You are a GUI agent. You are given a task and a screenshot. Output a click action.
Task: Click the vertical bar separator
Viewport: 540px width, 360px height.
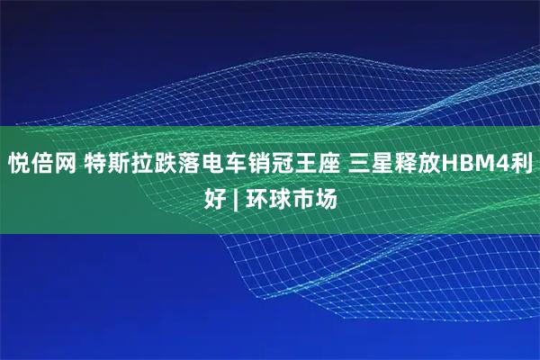click(x=236, y=197)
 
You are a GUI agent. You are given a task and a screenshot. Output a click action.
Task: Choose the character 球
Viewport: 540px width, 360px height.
click(x=278, y=197)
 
